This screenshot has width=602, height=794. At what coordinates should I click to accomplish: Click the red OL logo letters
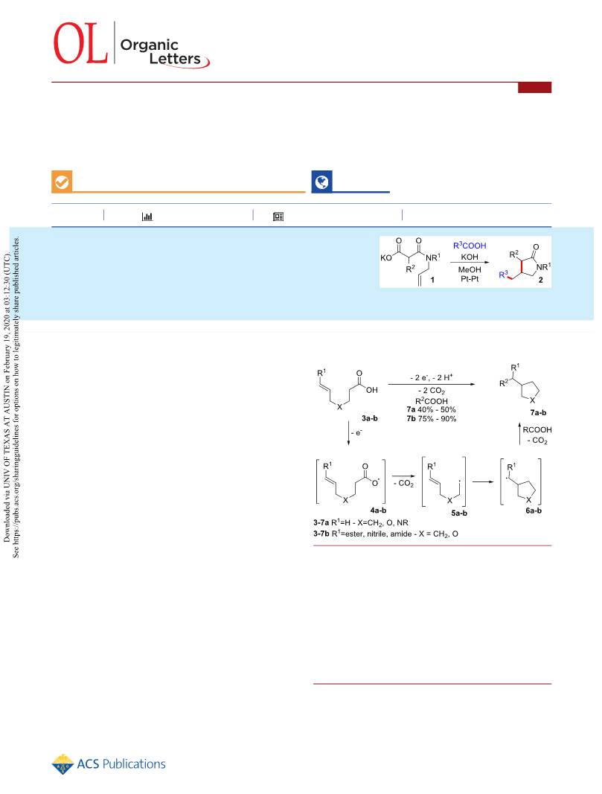(x=80, y=43)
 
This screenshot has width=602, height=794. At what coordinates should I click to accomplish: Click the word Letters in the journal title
(x=175, y=59)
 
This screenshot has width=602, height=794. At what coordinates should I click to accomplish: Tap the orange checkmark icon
(x=62, y=182)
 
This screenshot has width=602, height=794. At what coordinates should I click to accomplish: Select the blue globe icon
(x=321, y=182)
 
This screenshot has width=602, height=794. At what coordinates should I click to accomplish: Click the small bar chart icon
(x=147, y=217)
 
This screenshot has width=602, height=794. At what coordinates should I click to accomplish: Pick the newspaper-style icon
(x=278, y=217)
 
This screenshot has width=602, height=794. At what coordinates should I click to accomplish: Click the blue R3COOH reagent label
(x=470, y=246)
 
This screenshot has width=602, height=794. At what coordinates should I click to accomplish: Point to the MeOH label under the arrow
(x=470, y=270)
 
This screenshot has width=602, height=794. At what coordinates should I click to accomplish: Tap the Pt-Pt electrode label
(x=470, y=279)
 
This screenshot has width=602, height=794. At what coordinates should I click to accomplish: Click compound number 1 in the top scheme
(x=432, y=280)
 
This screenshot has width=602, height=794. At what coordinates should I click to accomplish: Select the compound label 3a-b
(x=370, y=418)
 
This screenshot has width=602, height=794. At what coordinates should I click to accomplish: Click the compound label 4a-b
(x=378, y=510)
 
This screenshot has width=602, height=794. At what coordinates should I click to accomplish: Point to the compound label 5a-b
(x=459, y=513)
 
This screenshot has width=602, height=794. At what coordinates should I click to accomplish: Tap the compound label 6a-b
(x=534, y=510)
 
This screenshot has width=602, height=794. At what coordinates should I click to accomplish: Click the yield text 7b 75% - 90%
(x=432, y=419)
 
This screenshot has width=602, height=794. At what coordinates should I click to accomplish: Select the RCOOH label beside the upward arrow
(x=537, y=429)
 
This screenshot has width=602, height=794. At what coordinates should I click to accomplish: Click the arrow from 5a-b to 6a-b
(x=483, y=481)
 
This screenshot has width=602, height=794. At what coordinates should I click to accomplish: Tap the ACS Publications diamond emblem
(x=63, y=764)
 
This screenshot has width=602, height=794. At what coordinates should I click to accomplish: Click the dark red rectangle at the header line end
(x=535, y=88)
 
